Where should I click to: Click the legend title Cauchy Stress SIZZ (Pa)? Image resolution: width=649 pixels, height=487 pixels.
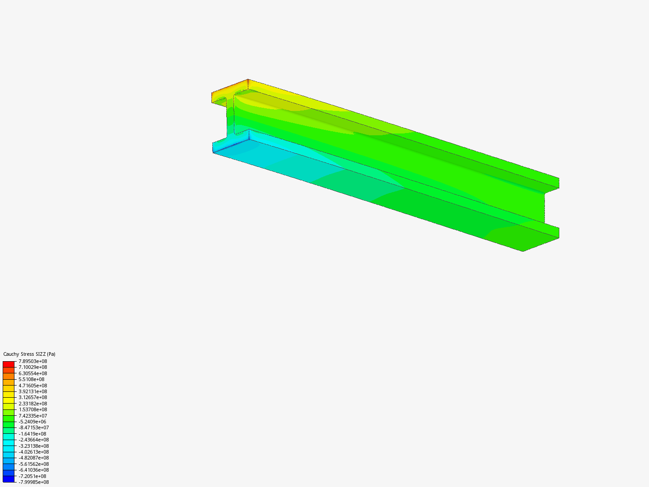29,354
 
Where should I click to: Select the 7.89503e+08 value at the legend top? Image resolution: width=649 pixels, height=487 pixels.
32,361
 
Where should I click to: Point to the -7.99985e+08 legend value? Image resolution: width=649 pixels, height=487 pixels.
33,482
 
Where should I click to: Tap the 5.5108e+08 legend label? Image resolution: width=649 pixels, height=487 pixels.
31,379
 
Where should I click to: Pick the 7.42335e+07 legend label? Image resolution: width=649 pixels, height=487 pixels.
32,416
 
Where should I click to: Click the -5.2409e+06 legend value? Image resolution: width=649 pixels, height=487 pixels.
32,422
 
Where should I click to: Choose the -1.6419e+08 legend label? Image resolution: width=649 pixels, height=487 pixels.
32,434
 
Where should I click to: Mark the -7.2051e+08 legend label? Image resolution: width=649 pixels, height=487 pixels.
32,476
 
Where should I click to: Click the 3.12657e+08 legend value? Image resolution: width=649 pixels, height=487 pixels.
32,397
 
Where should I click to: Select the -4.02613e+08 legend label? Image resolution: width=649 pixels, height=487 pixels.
33,452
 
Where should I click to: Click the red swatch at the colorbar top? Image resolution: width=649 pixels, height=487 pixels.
9,364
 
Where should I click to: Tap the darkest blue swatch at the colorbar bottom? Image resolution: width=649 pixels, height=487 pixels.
9,479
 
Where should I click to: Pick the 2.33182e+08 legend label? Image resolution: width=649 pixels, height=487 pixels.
32,404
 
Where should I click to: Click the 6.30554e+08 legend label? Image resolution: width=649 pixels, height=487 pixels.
32,373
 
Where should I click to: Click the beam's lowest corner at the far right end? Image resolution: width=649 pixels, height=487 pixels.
523,251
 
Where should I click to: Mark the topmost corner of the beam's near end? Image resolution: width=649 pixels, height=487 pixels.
248,79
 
